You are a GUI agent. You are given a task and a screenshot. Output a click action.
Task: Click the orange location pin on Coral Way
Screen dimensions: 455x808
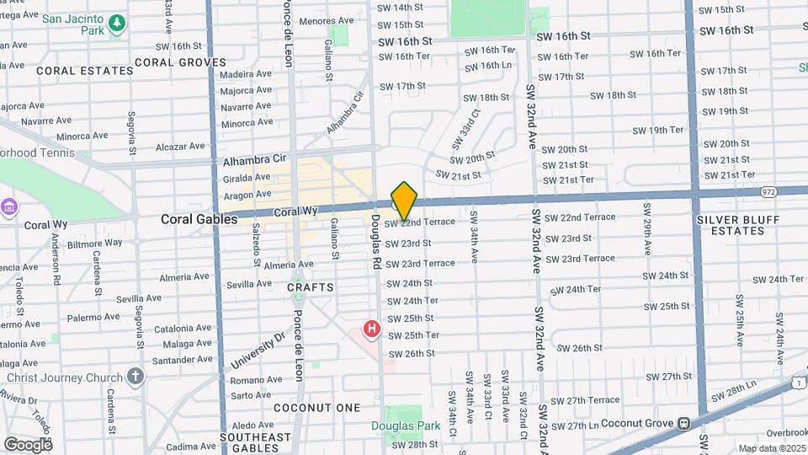pyautogui.click(x=405, y=201)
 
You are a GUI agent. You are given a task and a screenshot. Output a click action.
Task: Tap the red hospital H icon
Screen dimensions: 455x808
pyautogui.click(x=371, y=329)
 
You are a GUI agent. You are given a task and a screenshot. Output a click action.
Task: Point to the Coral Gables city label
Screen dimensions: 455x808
pyautogui.click(x=199, y=219)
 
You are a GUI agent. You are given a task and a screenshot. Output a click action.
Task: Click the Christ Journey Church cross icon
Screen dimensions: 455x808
pyautogui.click(x=136, y=376)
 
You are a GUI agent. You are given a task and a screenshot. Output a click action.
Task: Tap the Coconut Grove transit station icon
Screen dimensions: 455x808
pyautogui.click(x=685, y=423)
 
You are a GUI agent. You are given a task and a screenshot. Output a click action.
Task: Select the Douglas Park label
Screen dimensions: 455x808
pyautogui.click(x=406, y=426)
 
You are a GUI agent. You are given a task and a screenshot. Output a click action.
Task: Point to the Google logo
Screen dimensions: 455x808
pyautogui.click(x=27, y=444)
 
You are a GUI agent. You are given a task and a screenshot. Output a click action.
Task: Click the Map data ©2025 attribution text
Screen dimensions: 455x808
pyautogui.click(x=772, y=448)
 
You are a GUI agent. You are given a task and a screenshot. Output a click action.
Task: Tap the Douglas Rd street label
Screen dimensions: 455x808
pyautogui.click(x=376, y=241)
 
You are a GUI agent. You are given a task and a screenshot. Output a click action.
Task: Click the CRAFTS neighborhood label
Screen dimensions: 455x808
pyautogui.click(x=311, y=287)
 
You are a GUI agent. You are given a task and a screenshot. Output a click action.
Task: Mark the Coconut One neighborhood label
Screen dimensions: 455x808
pyautogui.click(x=316, y=408)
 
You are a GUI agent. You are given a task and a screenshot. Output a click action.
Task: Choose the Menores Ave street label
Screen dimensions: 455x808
pyautogui.click(x=327, y=20)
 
